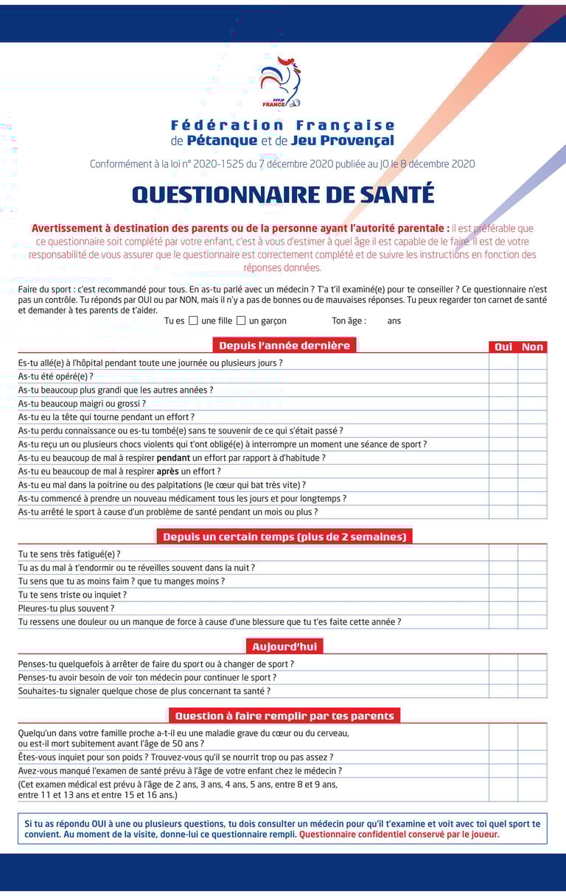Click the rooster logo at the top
[x=281, y=81]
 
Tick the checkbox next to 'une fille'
[x=193, y=321]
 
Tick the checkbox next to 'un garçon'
[x=241, y=321]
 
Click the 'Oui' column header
[x=503, y=347]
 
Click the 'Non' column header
[x=532, y=347]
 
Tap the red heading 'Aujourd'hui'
[x=284, y=647]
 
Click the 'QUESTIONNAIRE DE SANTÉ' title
[x=283, y=195]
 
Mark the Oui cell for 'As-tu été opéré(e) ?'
[x=503, y=377]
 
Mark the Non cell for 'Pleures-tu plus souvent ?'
[x=532, y=609]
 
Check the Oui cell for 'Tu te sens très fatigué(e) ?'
[x=503, y=554]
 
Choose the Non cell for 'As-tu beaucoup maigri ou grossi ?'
[x=532, y=404]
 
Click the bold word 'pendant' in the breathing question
[x=173, y=458]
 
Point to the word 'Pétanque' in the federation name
[x=222, y=141]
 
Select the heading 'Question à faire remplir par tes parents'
[x=284, y=715]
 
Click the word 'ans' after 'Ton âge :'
[x=394, y=321]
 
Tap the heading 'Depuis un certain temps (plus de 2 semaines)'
[x=284, y=537]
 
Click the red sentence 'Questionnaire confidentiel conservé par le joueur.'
[x=399, y=835]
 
